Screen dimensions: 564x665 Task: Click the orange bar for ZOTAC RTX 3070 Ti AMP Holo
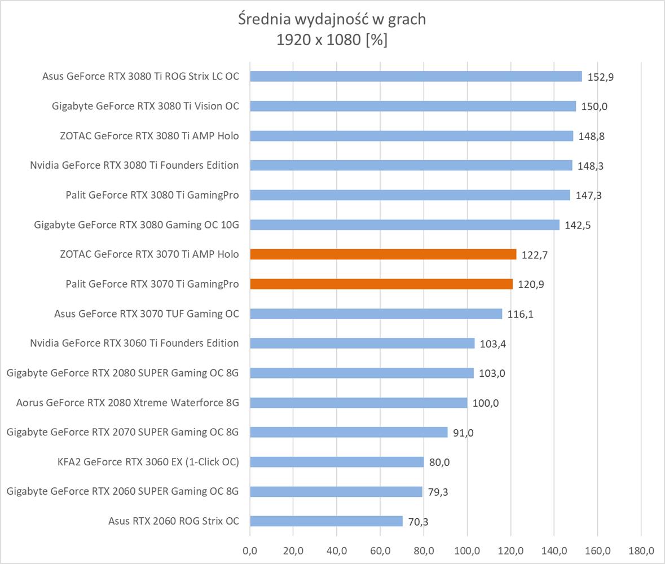[383, 254]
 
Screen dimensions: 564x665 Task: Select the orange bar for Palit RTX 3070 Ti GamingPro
[381, 284]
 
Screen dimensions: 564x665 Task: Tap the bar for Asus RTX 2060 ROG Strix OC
[326, 521]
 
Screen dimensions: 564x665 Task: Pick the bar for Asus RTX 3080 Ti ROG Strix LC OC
[416, 76]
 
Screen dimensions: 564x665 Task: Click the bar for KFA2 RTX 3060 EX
[337, 462]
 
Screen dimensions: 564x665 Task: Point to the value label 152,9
[601, 77]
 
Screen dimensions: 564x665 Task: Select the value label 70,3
[417, 522]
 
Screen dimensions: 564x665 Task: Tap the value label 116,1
[521, 314]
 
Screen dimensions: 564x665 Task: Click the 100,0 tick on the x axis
[467, 550]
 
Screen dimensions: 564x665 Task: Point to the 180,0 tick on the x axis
[641, 550]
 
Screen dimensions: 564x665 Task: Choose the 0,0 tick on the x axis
[250, 550]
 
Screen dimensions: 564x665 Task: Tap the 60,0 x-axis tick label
[380, 550]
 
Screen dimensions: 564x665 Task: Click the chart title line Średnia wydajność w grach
[332, 19]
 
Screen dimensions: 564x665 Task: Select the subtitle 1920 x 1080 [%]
[332, 40]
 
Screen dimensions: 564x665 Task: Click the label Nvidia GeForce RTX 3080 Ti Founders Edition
[134, 165]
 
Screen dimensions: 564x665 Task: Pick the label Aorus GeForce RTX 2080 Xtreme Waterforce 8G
[127, 403]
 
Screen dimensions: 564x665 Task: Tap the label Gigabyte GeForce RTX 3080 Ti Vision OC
[146, 106]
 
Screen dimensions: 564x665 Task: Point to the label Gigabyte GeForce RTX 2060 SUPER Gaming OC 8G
[122, 491]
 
